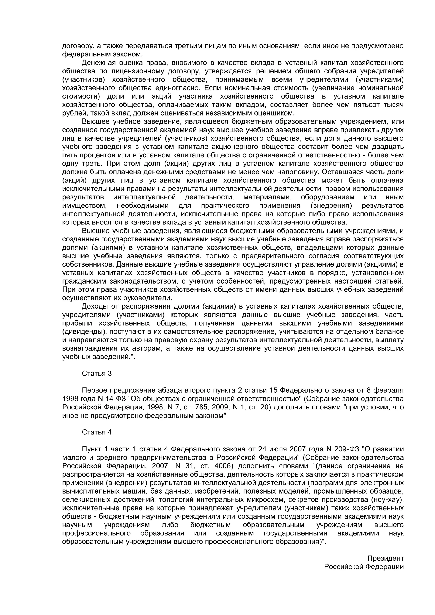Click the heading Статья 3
96,373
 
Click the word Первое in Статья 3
94,390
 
